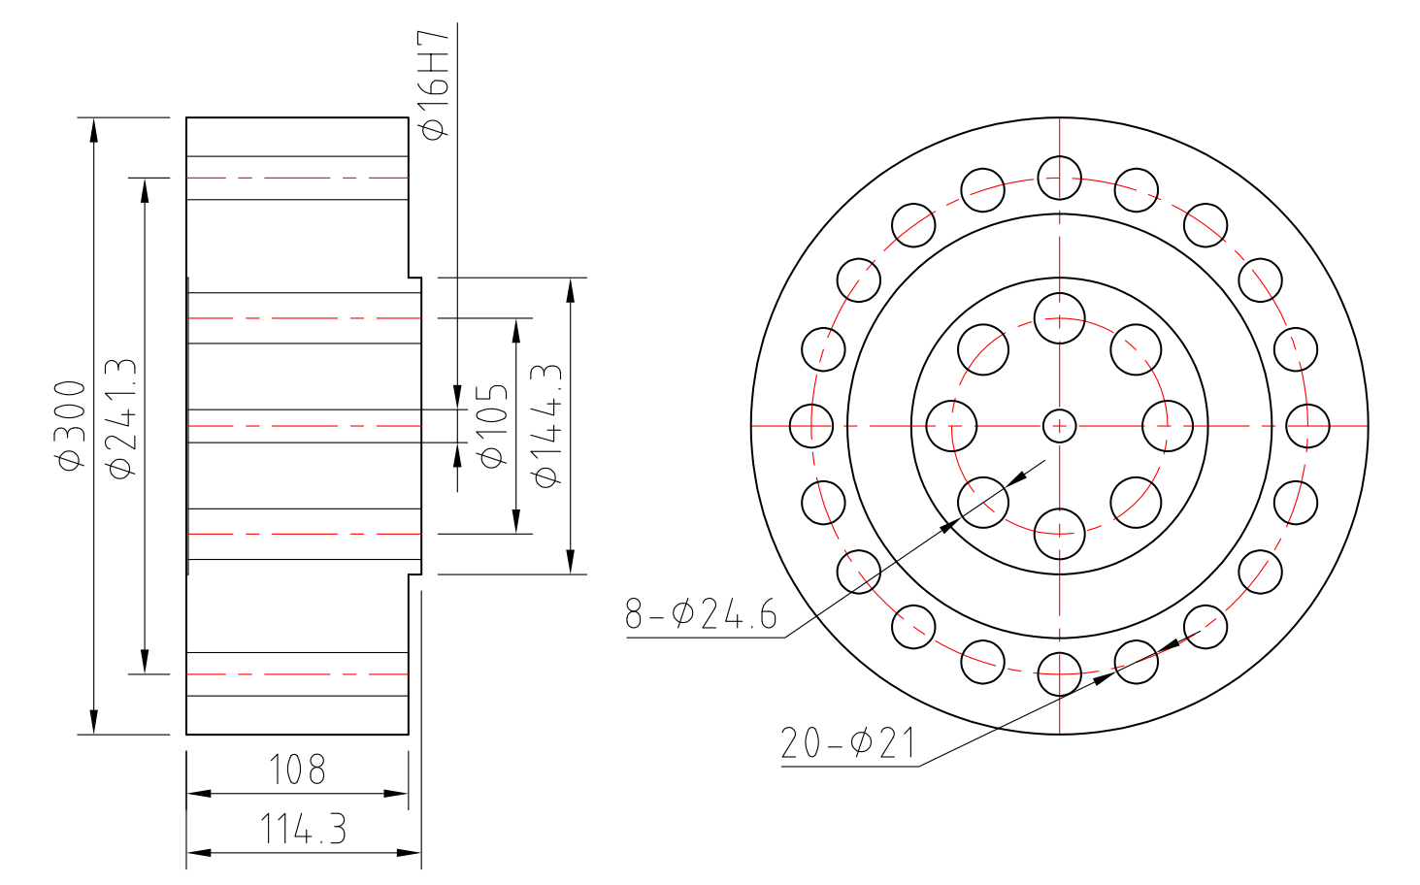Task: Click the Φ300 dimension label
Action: point(72,425)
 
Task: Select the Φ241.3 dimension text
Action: point(122,418)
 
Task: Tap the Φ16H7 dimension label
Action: point(434,84)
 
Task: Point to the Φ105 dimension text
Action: point(493,425)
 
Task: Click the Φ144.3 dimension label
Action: point(546,426)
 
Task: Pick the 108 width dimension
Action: point(297,770)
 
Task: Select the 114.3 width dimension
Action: point(303,830)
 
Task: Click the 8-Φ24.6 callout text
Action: point(701,613)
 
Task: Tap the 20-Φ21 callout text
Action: point(847,743)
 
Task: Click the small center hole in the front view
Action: point(1059,425)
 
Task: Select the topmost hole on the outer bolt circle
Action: point(1059,178)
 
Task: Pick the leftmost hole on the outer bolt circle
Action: point(811,425)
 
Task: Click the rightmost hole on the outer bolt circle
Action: point(1307,425)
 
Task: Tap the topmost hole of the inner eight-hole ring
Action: point(1059,318)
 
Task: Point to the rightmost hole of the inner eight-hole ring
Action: point(1167,425)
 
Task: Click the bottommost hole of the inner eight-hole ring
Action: point(1059,533)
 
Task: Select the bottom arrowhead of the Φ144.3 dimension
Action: point(571,562)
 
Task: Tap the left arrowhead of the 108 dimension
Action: point(198,794)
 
